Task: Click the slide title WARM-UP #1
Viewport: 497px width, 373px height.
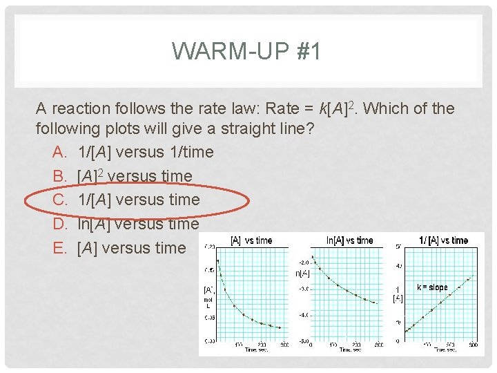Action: pos(246,52)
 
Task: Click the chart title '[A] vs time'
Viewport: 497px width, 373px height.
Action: pos(251,240)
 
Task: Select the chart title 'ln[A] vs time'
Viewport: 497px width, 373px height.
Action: pos(349,240)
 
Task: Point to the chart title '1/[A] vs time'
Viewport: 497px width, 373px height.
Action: pos(443,240)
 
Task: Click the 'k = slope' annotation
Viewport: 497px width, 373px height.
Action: pos(432,287)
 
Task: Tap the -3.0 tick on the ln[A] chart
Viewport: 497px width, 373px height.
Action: pos(303,289)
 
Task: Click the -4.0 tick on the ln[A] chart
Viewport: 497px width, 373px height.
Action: pos(303,315)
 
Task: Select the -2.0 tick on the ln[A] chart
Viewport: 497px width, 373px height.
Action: pos(303,262)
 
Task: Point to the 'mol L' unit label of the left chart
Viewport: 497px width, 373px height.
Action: pos(208,303)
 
